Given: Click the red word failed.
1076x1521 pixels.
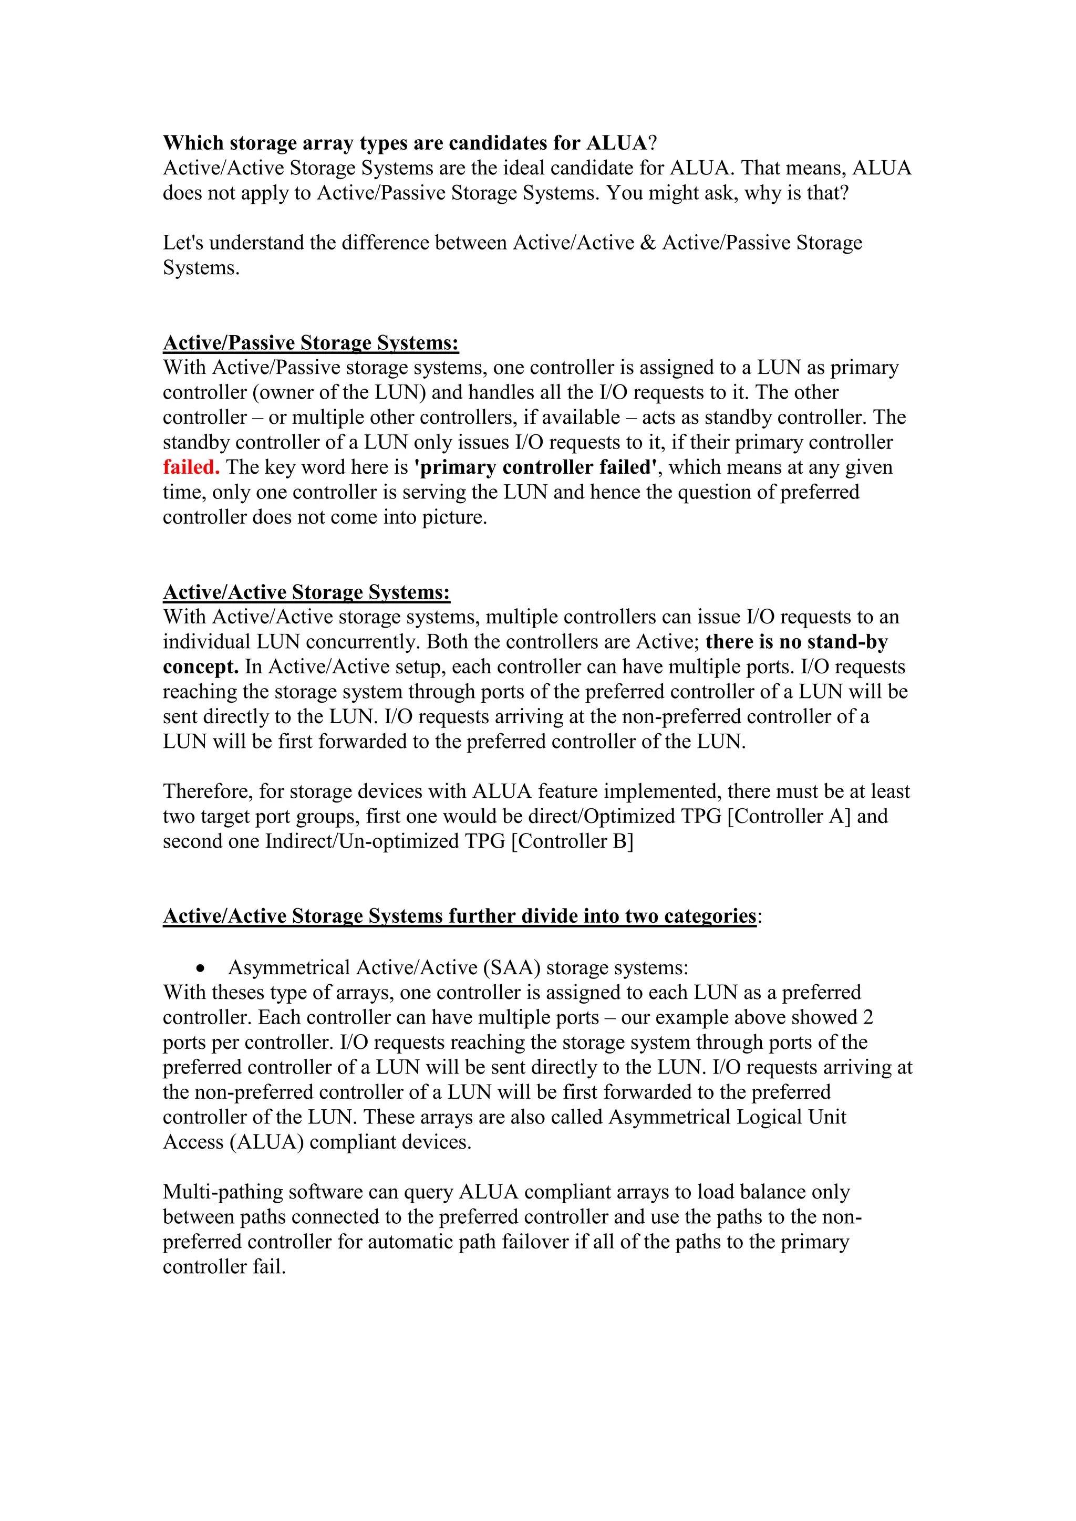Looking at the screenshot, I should [x=191, y=467].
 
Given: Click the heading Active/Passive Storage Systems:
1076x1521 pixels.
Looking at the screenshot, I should [x=311, y=343].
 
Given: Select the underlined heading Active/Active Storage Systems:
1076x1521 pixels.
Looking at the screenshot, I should [x=306, y=592].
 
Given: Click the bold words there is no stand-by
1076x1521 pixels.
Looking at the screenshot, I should [x=796, y=642].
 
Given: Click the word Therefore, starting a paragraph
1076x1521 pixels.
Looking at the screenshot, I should [x=208, y=791].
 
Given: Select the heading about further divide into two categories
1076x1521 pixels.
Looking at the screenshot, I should [x=459, y=916].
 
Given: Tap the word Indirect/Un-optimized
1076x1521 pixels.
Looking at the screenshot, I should [x=362, y=841].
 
